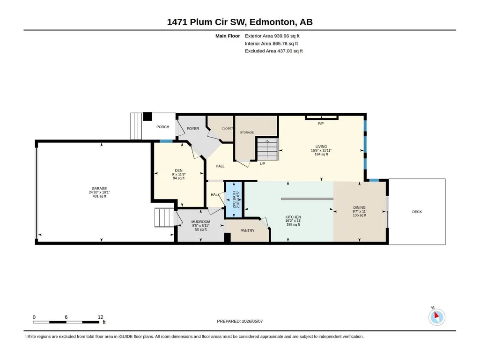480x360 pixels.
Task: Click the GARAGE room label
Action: (99, 189)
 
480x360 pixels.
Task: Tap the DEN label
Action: (178, 170)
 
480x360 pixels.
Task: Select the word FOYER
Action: (193, 129)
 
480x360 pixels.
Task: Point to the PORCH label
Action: (163, 127)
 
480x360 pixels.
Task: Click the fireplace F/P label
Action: (321, 124)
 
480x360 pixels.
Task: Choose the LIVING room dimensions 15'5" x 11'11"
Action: (321, 150)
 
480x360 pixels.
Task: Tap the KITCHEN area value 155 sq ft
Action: (293, 224)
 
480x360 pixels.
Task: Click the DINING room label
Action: (359, 207)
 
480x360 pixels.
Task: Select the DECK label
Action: (417, 212)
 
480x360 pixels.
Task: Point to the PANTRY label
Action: (247, 230)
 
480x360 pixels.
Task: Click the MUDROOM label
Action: (201, 221)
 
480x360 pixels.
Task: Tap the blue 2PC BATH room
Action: (234, 199)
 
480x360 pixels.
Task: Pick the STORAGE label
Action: (247, 132)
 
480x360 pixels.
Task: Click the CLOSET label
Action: (227, 129)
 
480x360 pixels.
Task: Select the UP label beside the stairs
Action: (262, 164)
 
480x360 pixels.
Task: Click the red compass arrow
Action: (437, 315)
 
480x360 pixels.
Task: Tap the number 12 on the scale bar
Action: (100, 317)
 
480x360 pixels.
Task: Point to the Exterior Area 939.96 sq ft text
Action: (272, 36)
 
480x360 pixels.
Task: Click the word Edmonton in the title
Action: (273, 22)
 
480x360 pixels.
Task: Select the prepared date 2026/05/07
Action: (252, 321)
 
